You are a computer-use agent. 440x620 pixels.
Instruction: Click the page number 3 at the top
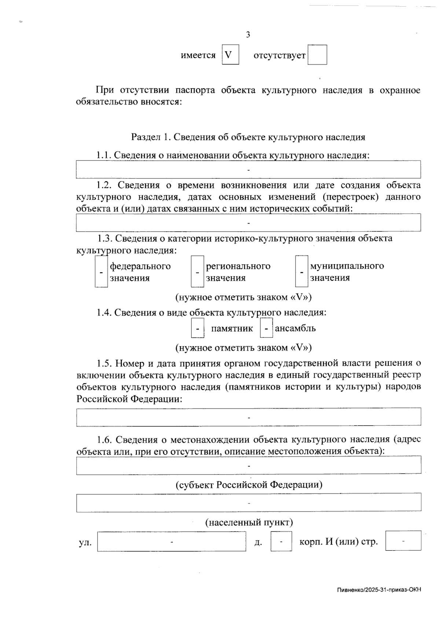[248, 35]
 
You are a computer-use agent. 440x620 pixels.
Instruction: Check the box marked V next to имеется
[230, 55]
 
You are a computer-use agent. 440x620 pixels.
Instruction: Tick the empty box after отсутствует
[317, 55]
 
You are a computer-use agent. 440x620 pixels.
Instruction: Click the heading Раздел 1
[248, 137]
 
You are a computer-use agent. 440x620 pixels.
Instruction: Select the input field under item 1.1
[248, 170]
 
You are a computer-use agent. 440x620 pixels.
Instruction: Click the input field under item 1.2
[248, 223]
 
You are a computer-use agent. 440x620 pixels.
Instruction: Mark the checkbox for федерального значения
[101, 272]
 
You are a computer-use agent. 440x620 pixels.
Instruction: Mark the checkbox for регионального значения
[197, 272]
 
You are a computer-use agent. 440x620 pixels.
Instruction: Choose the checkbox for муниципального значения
[301, 272]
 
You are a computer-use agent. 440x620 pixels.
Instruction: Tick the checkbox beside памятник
[198, 328]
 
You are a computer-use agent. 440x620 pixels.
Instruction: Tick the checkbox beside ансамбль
[266, 328]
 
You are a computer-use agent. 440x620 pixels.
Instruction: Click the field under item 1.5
[249, 417]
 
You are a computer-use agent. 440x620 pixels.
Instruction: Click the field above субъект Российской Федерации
[249, 465]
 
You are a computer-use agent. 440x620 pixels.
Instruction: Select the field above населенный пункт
[249, 503]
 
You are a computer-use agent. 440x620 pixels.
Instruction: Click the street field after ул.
[172, 542]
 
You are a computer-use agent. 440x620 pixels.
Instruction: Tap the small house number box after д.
[281, 542]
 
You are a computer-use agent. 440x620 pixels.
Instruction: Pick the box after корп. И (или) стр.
[403, 541]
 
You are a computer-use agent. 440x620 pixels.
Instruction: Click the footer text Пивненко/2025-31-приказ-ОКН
[379, 590]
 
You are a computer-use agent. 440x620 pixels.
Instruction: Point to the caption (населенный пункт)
[249, 522]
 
